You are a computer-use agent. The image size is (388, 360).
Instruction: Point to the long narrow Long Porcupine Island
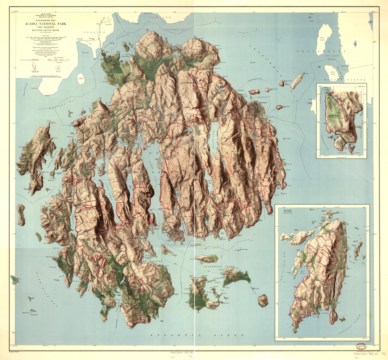coord(297,81)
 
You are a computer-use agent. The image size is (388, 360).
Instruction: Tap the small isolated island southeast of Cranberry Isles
coord(263,300)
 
